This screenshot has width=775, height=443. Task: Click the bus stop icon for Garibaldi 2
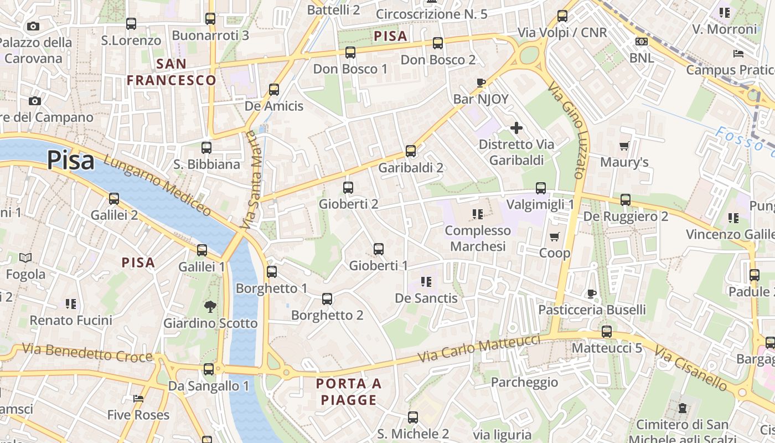tap(410, 151)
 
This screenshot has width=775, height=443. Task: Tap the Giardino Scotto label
tap(210, 323)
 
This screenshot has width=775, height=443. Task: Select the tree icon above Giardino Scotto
tap(210, 306)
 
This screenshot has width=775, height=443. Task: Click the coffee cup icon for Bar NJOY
tap(480, 83)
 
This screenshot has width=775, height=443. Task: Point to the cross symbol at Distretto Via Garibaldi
tap(516, 128)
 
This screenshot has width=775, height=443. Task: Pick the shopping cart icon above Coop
tap(554, 236)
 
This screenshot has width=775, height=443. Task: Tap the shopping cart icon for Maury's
tap(624, 146)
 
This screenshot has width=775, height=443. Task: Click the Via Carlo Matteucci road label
tap(479, 348)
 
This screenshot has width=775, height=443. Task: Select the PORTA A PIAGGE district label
tap(349, 392)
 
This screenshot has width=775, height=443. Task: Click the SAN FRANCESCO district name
tap(171, 72)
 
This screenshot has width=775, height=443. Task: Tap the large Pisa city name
tap(70, 160)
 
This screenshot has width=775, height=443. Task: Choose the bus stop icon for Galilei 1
tap(202, 250)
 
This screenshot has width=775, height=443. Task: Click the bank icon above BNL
tap(642, 42)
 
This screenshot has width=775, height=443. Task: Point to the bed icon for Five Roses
tap(138, 398)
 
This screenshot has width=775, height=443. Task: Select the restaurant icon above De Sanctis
tap(426, 281)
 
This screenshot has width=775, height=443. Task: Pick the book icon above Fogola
tap(25, 257)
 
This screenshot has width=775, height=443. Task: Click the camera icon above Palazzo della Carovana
tap(33, 26)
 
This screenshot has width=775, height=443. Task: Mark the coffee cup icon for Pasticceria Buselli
tap(591, 293)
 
